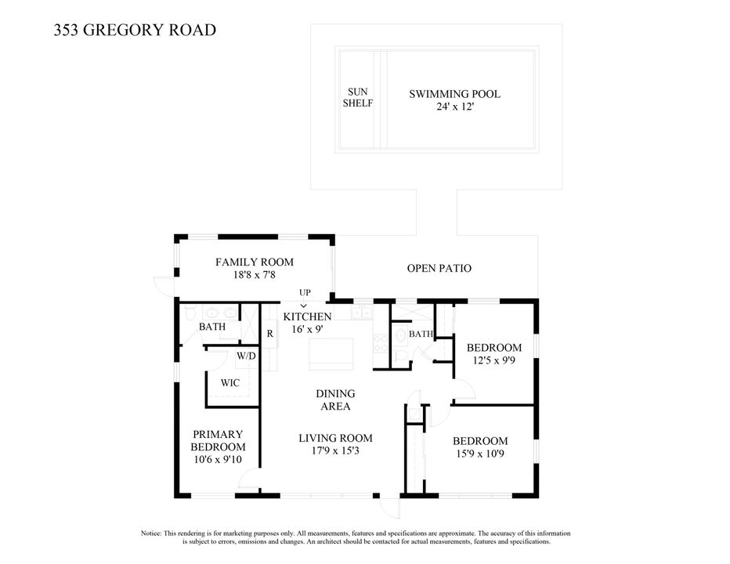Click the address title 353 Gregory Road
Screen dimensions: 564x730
pos(135,31)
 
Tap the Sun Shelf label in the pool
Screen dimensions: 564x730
pos(358,97)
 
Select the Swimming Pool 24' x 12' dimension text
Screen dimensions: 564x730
pos(454,107)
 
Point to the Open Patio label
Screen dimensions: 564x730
pos(439,269)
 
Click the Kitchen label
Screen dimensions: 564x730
pos(307,316)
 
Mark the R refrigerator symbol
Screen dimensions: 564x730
pos(269,333)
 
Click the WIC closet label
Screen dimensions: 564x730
pos(229,383)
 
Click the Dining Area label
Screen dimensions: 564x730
pos(335,400)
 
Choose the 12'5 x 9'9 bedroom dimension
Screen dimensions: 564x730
pos(493,361)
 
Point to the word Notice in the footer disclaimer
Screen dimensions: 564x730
pos(152,533)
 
